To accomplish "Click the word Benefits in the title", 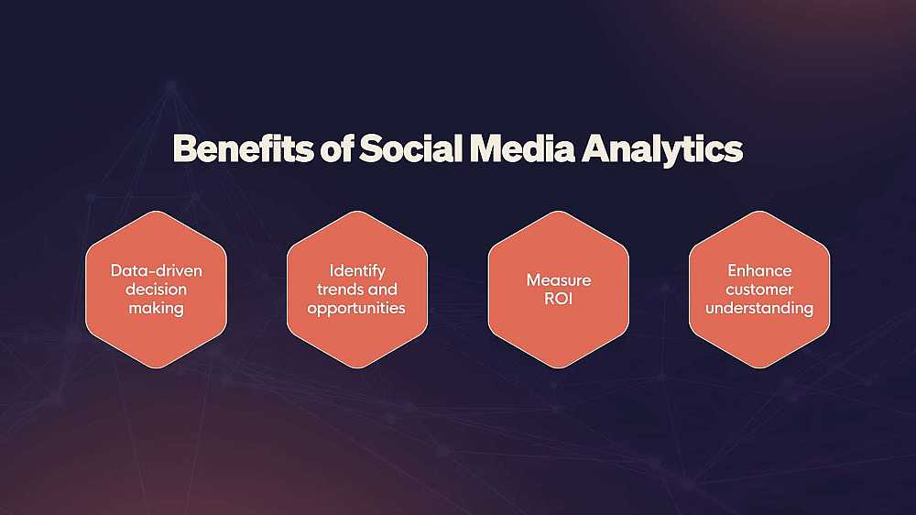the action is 243,148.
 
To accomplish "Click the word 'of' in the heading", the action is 336,148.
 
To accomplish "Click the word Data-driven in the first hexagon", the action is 156,270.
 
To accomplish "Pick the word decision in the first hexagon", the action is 156,290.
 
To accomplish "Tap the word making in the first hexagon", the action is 156,309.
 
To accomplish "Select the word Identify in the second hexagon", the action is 357,271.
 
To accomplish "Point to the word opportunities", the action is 356,309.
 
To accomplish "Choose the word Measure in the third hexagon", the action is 559,280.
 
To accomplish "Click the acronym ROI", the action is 559,299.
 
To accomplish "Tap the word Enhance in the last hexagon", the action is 759,270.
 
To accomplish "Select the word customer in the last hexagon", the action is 759,290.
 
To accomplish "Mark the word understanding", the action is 759,309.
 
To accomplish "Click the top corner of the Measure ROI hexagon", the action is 559,211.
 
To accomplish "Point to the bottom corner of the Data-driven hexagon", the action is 156,368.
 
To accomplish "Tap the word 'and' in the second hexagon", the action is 382,290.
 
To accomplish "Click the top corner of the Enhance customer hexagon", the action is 759,211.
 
